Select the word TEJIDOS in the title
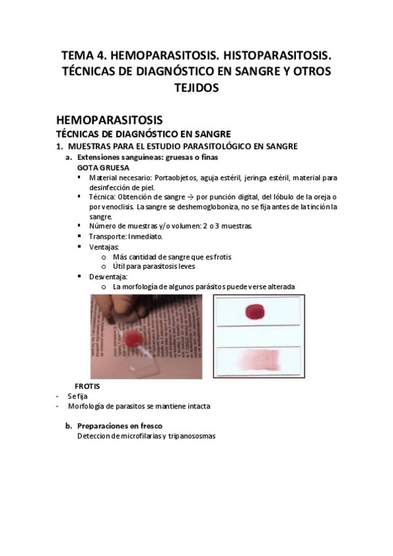(x=196, y=87)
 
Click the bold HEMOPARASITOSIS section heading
(x=108, y=120)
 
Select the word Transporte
(x=108, y=236)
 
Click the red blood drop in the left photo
(x=135, y=338)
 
